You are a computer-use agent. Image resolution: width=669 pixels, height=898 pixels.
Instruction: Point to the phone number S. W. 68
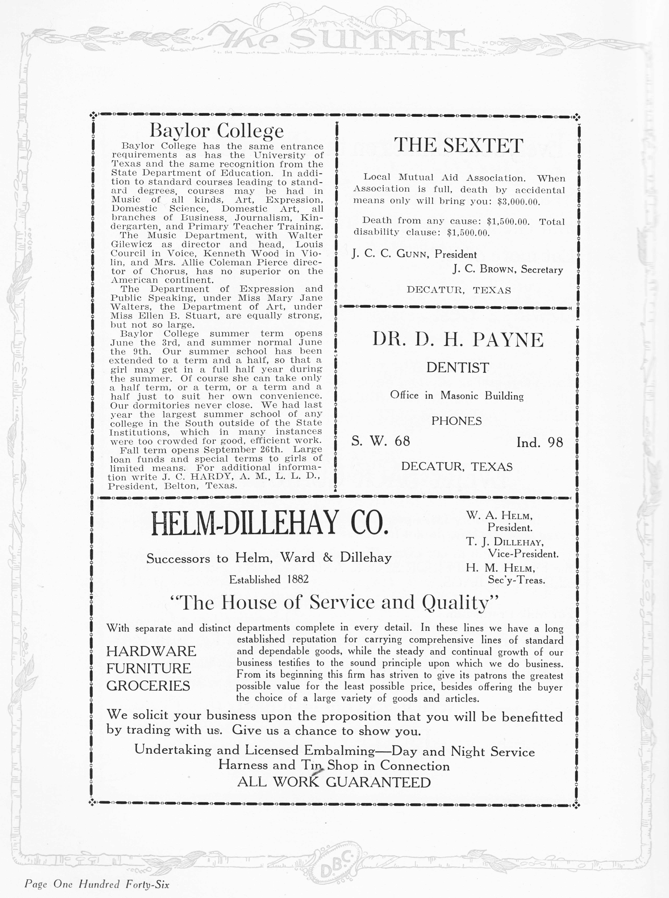coord(381,441)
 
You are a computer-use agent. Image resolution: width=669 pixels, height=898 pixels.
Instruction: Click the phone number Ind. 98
coord(539,442)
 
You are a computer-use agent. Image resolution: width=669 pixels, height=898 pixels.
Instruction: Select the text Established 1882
coord(269,580)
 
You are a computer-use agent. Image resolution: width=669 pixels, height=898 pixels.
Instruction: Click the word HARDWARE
coord(151,651)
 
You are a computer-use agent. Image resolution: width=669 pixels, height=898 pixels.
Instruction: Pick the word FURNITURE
coord(149,668)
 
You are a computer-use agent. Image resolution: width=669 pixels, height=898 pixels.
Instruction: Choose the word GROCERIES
coord(148,686)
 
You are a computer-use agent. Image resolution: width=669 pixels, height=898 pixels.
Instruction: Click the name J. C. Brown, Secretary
coord(507,270)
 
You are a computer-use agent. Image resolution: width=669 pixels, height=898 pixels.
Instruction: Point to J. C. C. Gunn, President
coord(414,254)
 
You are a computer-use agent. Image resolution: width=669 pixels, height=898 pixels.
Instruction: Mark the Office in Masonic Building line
coord(457,395)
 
